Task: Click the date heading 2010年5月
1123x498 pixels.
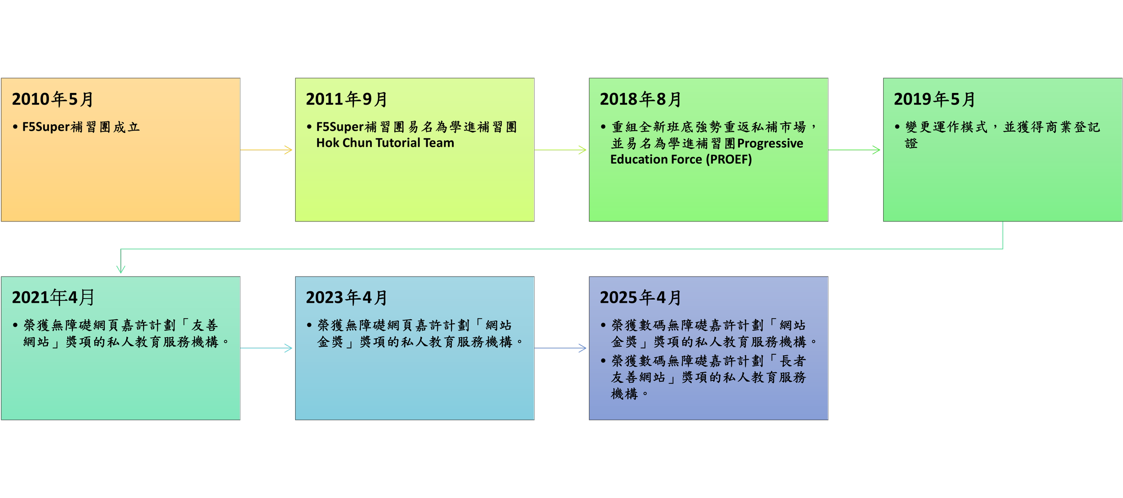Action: (53, 99)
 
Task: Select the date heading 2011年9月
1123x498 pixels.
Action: (346, 99)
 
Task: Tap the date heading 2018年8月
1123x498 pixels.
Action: (641, 99)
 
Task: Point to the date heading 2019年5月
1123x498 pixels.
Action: (934, 99)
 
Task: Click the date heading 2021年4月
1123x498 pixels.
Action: (53, 297)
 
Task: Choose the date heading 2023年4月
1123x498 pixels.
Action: (346, 297)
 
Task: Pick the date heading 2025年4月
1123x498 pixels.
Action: (641, 297)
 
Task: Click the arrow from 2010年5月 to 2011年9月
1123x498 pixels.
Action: (266, 150)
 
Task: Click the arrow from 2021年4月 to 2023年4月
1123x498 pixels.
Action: (266, 348)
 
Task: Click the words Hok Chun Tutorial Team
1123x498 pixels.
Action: (385, 143)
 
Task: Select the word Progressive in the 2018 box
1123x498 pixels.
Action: (770, 143)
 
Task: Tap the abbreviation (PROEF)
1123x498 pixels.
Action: (729, 159)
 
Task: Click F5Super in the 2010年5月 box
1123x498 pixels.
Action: (46, 127)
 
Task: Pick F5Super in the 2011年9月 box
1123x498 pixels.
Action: (340, 127)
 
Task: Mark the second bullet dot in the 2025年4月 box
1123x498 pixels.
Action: (603, 361)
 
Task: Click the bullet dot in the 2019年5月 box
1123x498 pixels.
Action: (897, 127)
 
